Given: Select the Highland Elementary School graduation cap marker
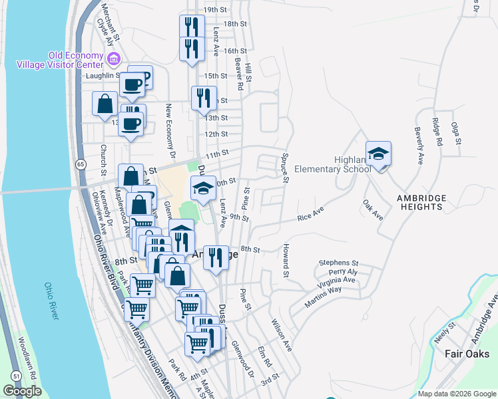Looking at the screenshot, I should point(378,154).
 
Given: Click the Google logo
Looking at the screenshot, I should point(23,391).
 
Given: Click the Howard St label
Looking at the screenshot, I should point(285,264).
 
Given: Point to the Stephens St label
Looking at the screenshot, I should point(338,263).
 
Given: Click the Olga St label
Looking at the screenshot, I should point(456,133).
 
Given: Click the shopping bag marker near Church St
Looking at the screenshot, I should point(105,104).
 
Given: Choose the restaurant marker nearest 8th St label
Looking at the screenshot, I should point(214,256).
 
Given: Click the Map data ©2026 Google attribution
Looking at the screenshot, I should point(457,394).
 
